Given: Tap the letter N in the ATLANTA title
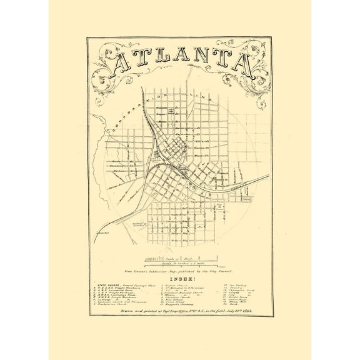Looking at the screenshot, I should [206, 61].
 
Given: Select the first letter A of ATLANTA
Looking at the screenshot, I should [121, 62].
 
